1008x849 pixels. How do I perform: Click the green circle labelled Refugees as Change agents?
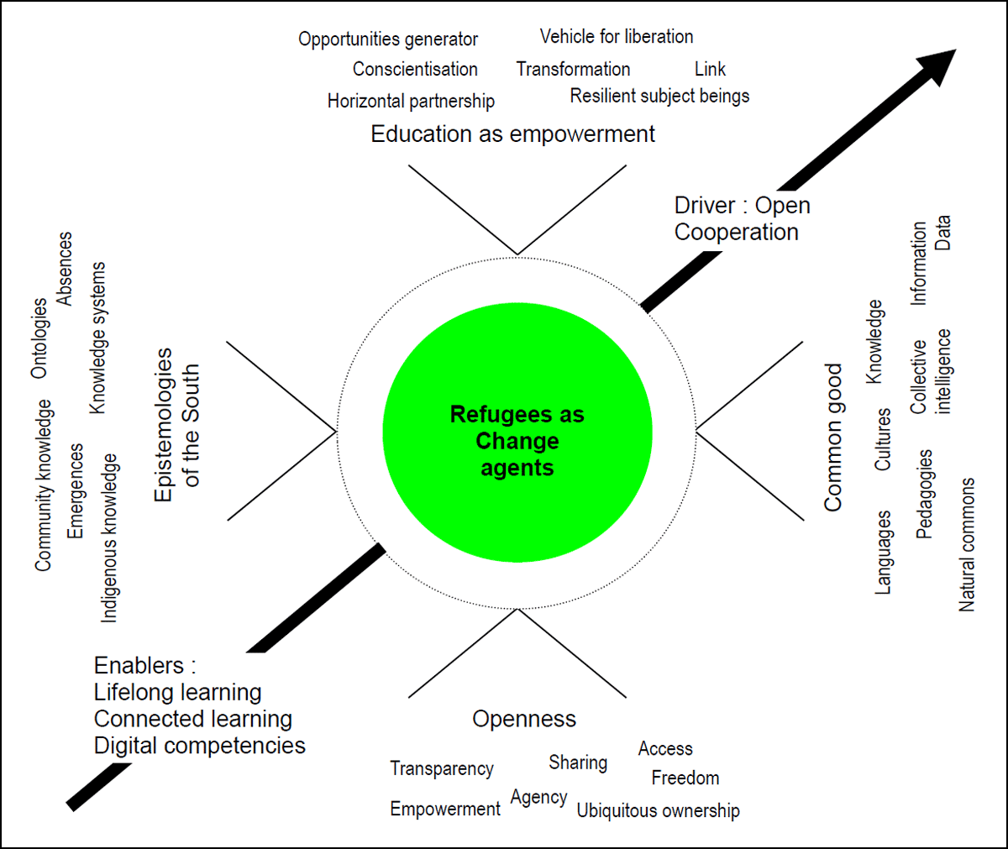pyautogui.click(x=517, y=432)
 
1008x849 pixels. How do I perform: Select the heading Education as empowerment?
pyautogui.click(x=512, y=134)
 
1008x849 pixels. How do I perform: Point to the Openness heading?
pyautogui.click(x=524, y=719)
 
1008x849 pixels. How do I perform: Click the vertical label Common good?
pyautogui.click(x=832, y=438)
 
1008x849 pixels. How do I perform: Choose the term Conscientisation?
pyautogui.click(x=415, y=69)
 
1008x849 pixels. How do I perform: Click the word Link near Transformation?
pyautogui.click(x=710, y=69)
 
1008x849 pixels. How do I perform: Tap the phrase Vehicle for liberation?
pyautogui.click(x=617, y=37)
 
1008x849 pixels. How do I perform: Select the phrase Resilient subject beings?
pyautogui.click(x=660, y=96)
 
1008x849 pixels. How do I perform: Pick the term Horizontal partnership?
pyautogui.click(x=411, y=101)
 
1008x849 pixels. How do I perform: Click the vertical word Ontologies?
pyautogui.click(x=39, y=338)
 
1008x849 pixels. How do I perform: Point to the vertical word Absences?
pyautogui.click(x=64, y=269)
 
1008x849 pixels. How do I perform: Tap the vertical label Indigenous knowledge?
pyautogui.click(x=109, y=538)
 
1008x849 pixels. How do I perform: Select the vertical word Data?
pyautogui.click(x=942, y=233)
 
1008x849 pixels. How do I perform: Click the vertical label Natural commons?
pyautogui.click(x=967, y=545)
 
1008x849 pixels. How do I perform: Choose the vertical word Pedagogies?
pyautogui.click(x=925, y=495)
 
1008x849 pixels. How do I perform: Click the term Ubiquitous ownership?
pyautogui.click(x=658, y=810)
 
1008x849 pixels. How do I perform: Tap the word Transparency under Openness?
pyautogui.click(x=442, y=768)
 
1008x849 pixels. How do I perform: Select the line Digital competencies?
pyautogui.click(x=200, y=745)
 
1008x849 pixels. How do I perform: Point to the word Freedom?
pyautogui.click(x=685, y=778)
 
